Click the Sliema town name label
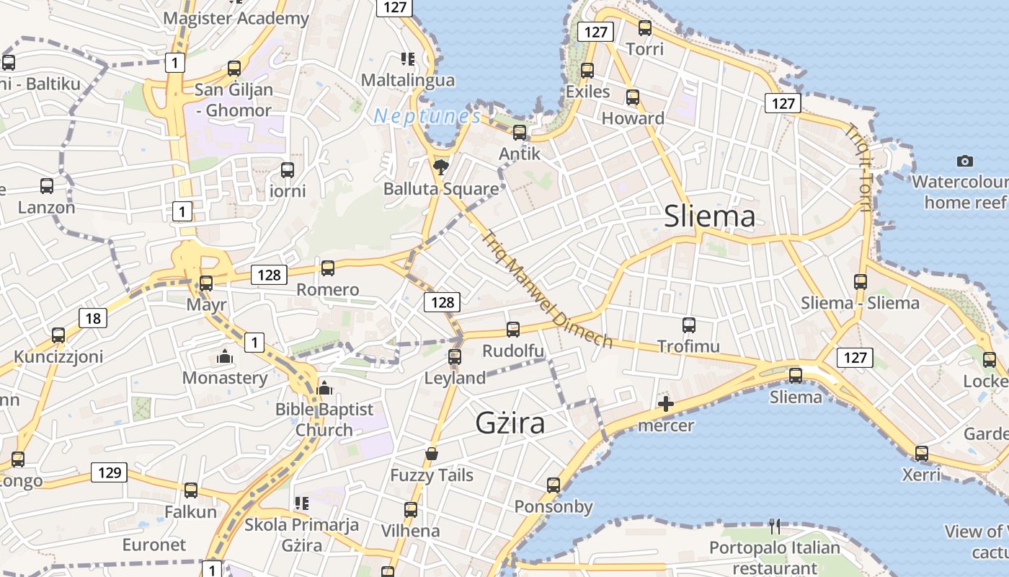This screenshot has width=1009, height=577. coord(710,216)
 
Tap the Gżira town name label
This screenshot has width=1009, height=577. coord(510,423)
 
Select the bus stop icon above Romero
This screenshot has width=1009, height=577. coord(328,268)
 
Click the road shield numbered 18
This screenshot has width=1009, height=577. coord(94,317)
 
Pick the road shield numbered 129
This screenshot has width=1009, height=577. coord(109,472)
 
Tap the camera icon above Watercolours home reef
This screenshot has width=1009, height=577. coord(964,161)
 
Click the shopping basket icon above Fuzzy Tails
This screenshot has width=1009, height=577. coord(432,454)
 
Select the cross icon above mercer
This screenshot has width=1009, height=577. coord(666,404)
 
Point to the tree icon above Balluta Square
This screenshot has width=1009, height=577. coord(440,168)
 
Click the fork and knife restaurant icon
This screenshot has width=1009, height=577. coord(775,526)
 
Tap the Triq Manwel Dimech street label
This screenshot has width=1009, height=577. coord(547,288)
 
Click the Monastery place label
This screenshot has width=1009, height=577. coord(225,378)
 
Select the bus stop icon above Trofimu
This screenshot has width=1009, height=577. coord(689,325)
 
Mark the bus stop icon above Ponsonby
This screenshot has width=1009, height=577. coord(554,485)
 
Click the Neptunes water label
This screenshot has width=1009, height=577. coord(427,115)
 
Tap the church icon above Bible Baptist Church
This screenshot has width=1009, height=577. coord(324,388)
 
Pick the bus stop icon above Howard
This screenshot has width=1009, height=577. coord(633,97)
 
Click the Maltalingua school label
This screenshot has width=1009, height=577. coord(408,80)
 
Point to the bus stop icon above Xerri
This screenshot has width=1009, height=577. coord(922,454)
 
